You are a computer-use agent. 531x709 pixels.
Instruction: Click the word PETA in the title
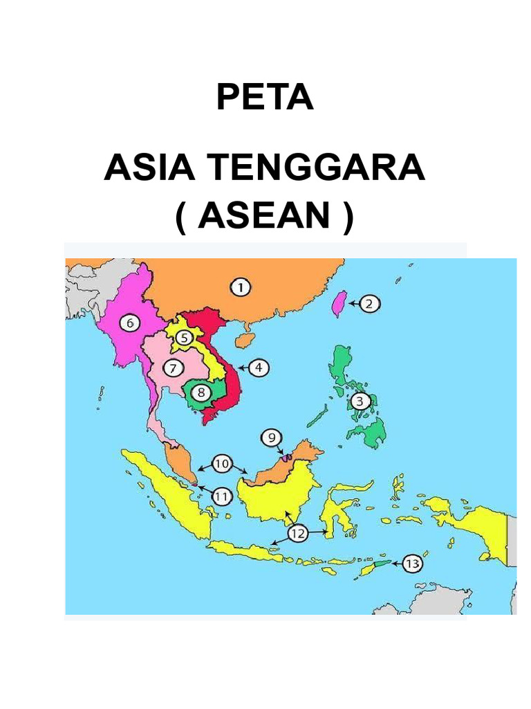[265, 98]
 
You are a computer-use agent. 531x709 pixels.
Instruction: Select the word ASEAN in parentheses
[265, 218]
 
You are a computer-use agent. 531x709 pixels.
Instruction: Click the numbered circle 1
[240, 287]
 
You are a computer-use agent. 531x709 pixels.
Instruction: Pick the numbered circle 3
[360, 401]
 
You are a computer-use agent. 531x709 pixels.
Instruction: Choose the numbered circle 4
[258, 368]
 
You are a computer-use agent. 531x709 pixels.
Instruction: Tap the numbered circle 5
[183, 338]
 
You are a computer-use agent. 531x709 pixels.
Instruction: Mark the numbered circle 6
[129, 322]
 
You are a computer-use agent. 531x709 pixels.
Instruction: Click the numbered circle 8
[201, 393]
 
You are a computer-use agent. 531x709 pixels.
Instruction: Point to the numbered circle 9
[272, 438]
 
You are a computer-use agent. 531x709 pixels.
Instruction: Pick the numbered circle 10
[221, 463]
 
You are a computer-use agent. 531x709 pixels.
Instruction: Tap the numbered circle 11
[221, 496]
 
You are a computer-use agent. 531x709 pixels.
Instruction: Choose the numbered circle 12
[297, 533]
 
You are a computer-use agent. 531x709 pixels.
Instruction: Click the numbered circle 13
[412, 564]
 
